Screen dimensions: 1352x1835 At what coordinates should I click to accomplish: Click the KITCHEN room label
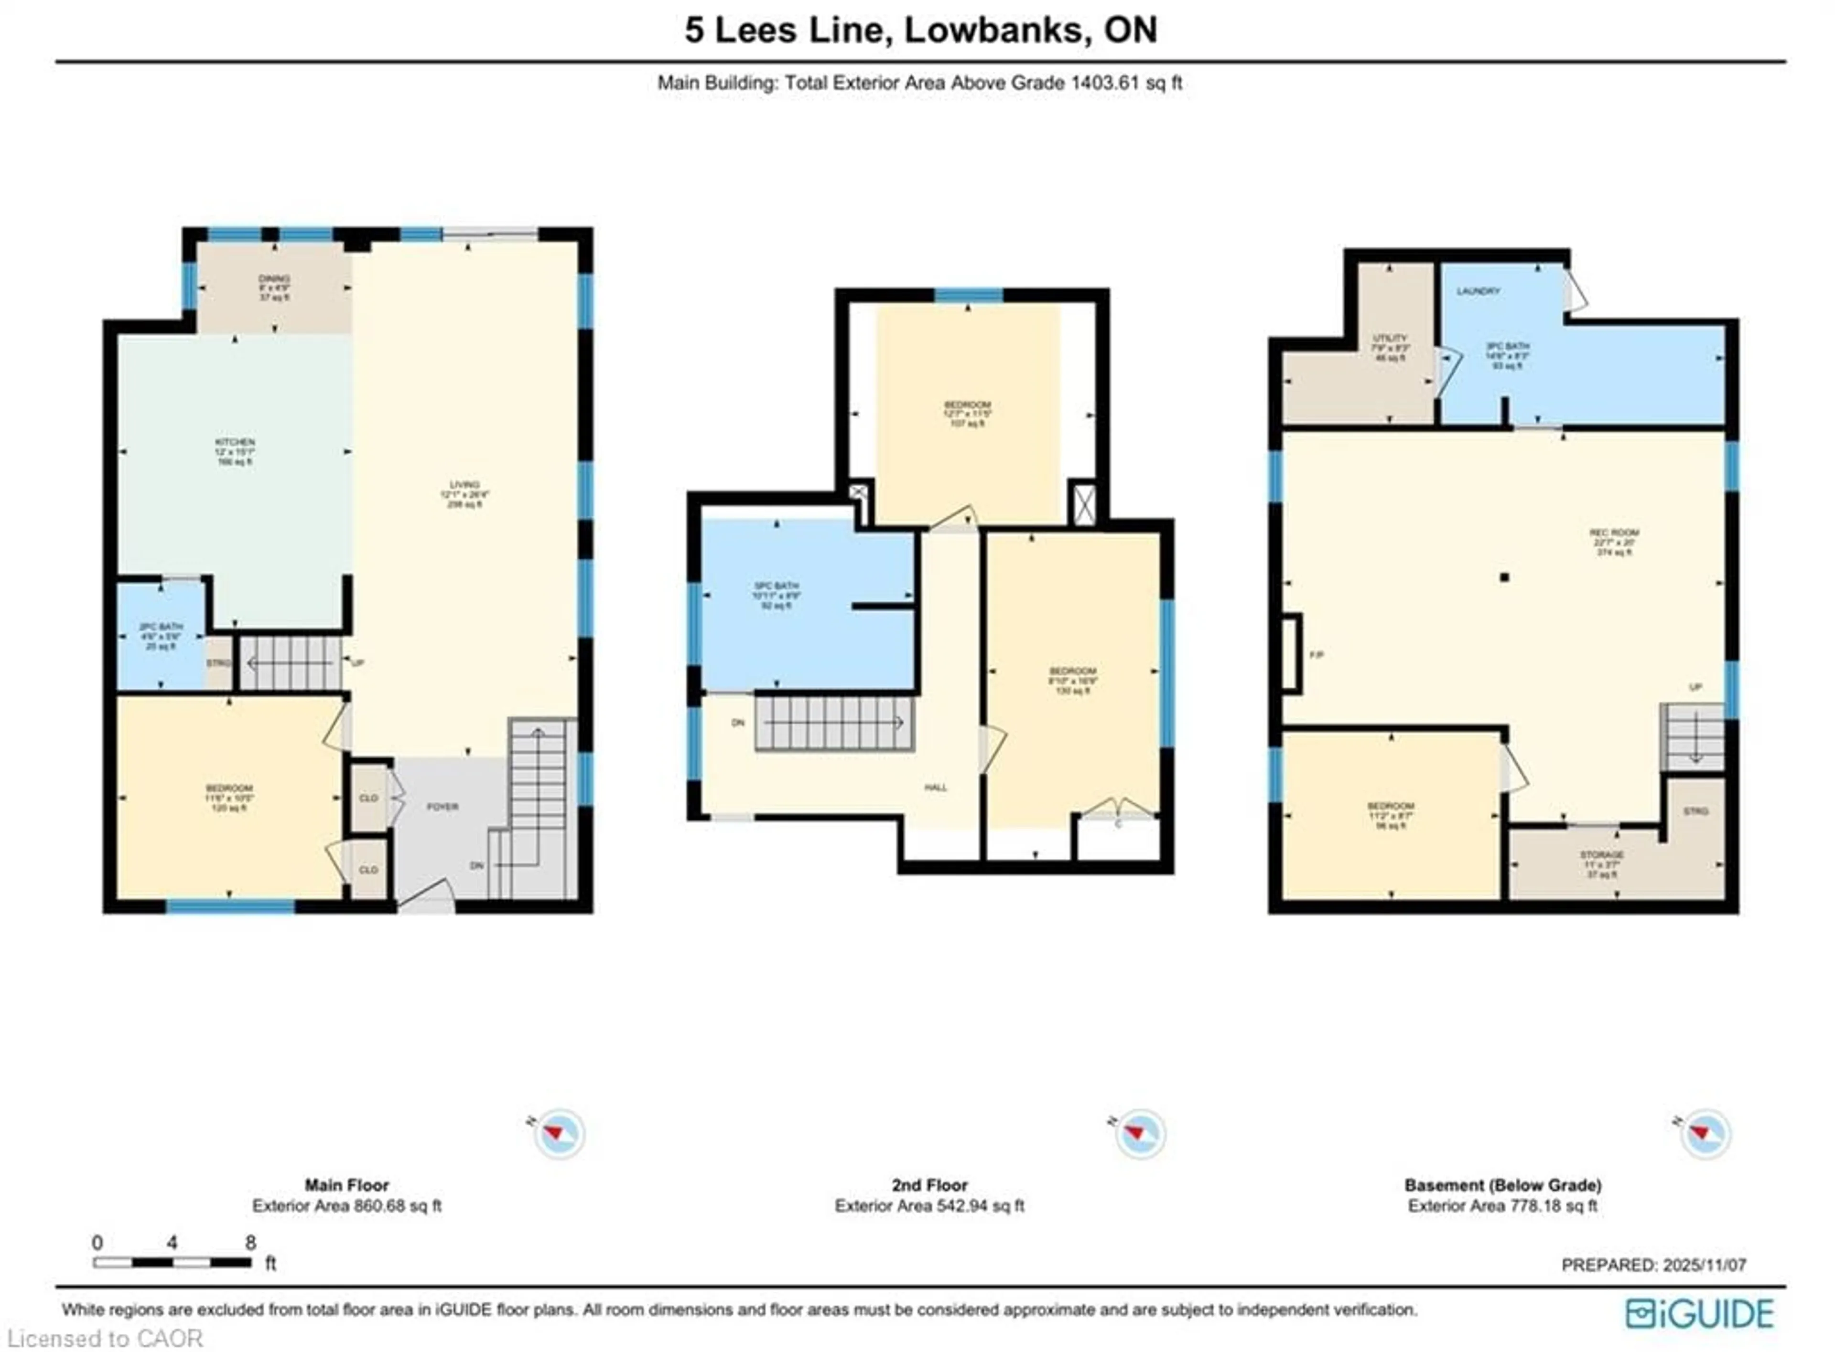point(235,442)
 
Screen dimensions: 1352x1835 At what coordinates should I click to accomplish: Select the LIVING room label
point(464,484)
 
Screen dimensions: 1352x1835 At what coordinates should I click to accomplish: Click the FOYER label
point(442,806)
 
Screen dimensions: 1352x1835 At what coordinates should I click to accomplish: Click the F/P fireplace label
point(1317,655)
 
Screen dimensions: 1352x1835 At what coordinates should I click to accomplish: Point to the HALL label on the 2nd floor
point(935,788)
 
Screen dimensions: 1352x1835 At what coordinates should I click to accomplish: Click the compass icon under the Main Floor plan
point(559,1133)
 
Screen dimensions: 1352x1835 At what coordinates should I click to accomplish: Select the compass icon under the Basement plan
point(1705,1133)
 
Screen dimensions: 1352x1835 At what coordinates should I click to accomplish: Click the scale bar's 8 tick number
point(250,1242)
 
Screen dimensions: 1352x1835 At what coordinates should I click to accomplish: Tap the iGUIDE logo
point(1699,1313)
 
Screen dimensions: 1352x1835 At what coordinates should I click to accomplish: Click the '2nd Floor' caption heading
point(929,1185)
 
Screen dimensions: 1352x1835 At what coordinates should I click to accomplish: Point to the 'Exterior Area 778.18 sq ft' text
point(1502,1205)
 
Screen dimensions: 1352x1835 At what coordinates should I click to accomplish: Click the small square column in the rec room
point(1504,577)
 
